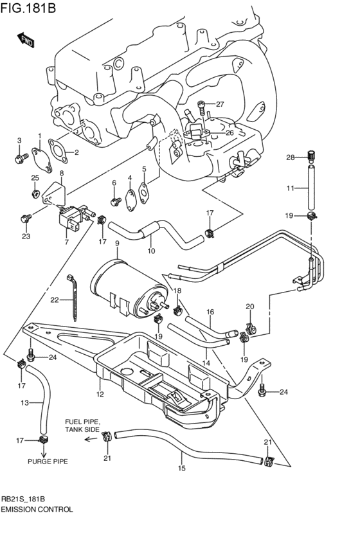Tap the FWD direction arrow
[26, 40]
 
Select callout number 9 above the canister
[117, 243]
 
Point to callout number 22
[55, 300]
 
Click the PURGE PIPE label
[47, 461]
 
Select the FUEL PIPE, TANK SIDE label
[82, 425]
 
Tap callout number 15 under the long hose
[181, 468]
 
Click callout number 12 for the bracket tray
[100, 393]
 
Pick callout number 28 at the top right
[290, 157]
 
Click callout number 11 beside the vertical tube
[290, 188]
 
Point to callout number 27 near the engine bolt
[219, 104]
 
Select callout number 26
[229, 132]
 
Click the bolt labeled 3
[19, 156]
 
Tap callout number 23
[26, 236]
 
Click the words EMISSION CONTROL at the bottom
[37, 508]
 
